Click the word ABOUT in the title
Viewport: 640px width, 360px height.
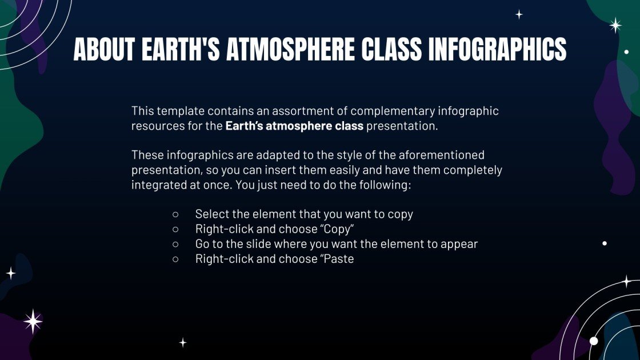(x=103, y=50)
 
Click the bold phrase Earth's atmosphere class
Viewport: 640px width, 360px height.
(x=294, y=126)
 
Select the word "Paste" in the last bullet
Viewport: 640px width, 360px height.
(x=337, y=259)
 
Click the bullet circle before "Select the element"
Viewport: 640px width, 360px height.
(x=175, y=214)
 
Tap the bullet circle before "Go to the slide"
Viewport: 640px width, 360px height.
(x=175, y=244)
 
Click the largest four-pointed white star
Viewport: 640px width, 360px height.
(x=33, y=322)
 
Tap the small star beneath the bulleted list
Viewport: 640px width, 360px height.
(x=183, y=342)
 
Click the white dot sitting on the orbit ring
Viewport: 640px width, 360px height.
(x=594, y=341)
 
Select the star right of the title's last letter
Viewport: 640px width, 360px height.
(x=615, y=25)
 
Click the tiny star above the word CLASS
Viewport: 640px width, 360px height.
(x=519, y=15)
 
